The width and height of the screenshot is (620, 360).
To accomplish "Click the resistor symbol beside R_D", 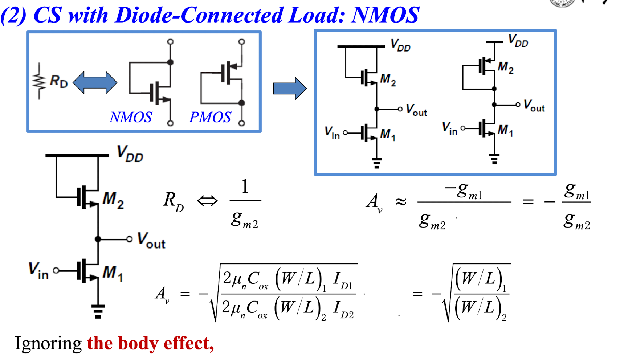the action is [x=39, y=81].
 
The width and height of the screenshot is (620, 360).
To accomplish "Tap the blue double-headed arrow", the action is [x=95, y=82].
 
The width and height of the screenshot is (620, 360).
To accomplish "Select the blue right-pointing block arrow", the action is [x=290, y=89].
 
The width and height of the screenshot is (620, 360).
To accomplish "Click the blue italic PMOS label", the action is [x=210, y=117].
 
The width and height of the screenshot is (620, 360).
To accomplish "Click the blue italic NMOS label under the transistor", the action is [x=131, y=117].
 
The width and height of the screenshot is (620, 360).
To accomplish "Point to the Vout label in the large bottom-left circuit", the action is [x=151, y=240].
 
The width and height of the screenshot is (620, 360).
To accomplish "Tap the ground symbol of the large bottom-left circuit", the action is [x=98, y=312].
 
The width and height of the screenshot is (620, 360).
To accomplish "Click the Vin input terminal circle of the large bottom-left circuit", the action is [x=56, y=270].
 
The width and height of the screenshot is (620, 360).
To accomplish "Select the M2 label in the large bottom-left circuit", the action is [x=113, y=200].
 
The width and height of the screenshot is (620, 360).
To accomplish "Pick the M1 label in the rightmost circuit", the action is [x=505, y=130].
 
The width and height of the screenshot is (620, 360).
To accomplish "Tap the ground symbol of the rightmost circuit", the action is [x=494, y=159].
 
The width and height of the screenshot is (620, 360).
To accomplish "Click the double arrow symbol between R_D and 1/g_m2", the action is [x=207, y=201].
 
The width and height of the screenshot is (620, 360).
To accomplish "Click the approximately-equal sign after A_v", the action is [x=401, y=202].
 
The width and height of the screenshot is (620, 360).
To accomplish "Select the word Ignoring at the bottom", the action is [x=48, y=344].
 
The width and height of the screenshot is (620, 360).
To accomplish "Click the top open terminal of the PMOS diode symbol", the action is [x=242, y=42].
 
